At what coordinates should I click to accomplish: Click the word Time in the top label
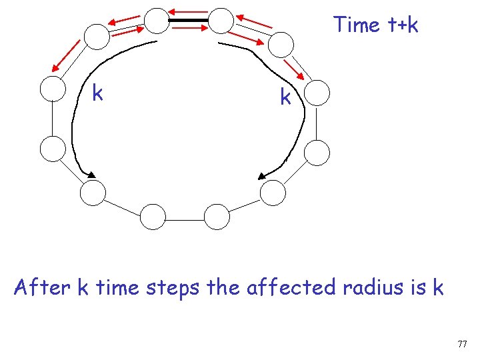click(x=357, y=25)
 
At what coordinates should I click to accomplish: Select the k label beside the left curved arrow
click(x=97, y=94)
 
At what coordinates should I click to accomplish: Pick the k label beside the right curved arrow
click(x=285, y=98)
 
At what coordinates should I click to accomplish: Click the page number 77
click(x=463, y=344)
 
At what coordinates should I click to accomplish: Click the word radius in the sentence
click(x=374, y=287)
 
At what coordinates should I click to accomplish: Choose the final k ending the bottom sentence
click(x=438, y=287)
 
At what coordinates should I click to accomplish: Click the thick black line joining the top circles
click(x=189, y=21)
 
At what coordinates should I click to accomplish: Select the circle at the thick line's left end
click(x=157, y=21)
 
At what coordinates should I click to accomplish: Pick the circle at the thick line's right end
click(x=221, y=21)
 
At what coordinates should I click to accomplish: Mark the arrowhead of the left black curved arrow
click(x=88, y=175)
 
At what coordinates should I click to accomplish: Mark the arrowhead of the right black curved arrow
click(x=263, y=177)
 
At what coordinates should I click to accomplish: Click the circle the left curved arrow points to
click(x=93, y=193)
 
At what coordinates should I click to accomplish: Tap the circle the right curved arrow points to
click(x=272, y=193)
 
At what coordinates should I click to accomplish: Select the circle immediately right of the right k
click(x=317, y=93)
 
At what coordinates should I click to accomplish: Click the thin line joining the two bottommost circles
click(x=185, y=217)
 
